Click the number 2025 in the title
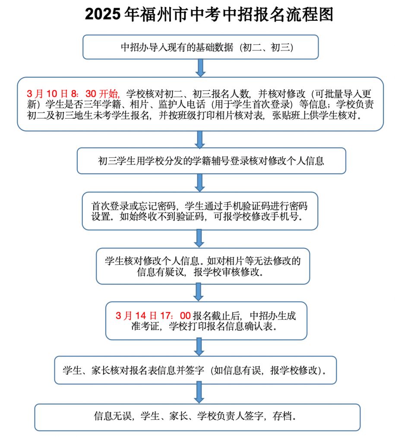(x=103, y=14)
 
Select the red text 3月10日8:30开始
(x=73, y=93)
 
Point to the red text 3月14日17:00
(x=153, y=316)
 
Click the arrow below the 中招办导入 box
(x=200, y=68)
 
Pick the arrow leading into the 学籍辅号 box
(x=200, y=139)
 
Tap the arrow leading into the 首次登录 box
(x=200, y=183)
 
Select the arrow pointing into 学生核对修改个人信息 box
(x=199, y=238)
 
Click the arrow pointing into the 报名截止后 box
(x=198, y=292)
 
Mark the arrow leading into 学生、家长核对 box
(x=199, y=347)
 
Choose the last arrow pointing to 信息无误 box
(x=199, y=393)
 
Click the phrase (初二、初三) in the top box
(x=267, y=47)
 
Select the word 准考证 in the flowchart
(x=145, y=326)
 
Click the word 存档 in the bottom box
(x=282, y=416)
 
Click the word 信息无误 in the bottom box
(x=113, y=416)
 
